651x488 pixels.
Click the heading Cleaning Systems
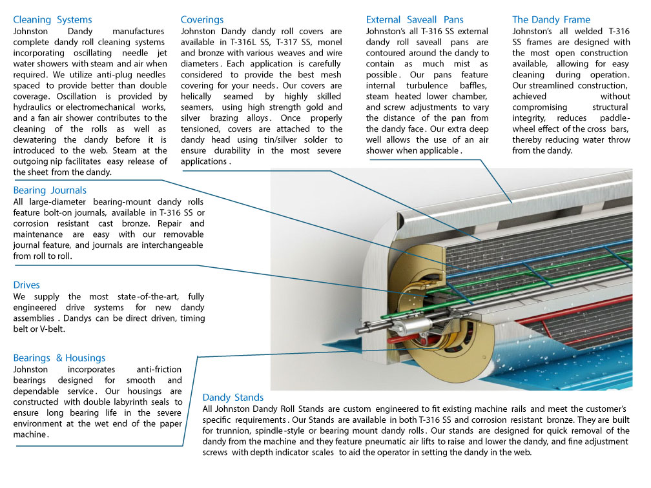pos(52,20)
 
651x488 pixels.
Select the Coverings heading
pos(202,20)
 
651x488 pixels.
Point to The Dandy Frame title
pos(551,20)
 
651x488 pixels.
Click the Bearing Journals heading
pos(50,190)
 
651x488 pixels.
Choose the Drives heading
pos(26,285)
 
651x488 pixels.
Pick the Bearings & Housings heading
pos(59,358)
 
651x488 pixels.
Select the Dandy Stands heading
pos(232,398)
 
